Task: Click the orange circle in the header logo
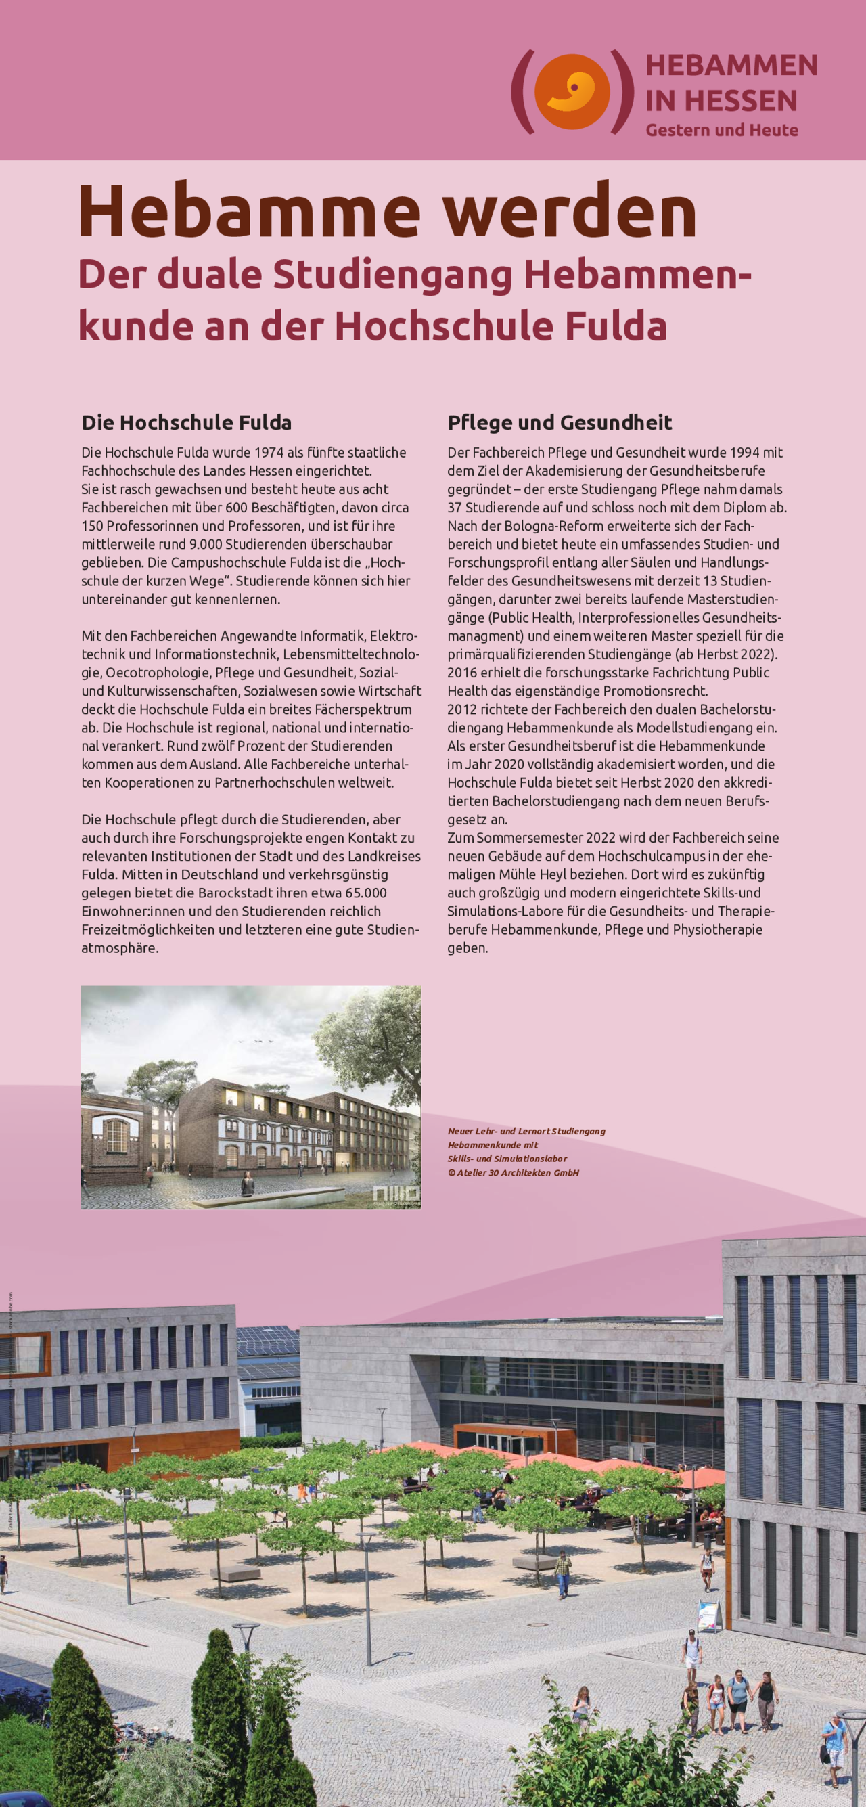click(x=572, y=91)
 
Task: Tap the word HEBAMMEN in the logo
click(x=731, y=65)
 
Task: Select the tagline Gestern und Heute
click(x=721, y=131)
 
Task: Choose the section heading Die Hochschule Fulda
click(x=187, y=422)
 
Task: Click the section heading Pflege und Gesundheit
click(x=560, y=422)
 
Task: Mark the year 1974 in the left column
click(x=269, y=453)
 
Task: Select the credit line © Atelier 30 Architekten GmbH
click(x=514, y=1172)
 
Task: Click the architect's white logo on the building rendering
click(x=396, y=1195)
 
